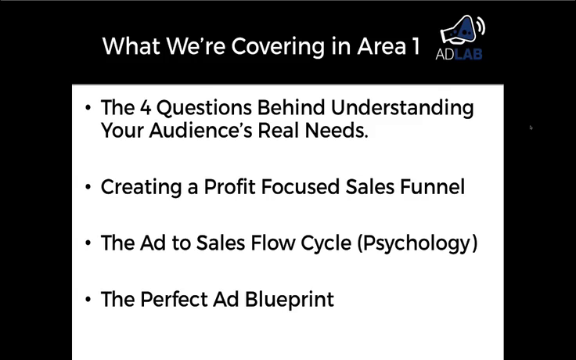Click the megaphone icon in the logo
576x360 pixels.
[462, 31]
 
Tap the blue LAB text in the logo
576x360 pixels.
[468, 54]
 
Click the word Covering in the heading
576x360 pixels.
[278, 47]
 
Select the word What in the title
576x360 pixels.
[131, 46]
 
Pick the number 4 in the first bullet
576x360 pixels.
[146, 108]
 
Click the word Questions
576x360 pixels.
[205, 108]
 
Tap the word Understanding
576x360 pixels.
[402, 109]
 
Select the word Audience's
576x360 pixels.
[201, 130]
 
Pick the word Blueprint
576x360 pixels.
[290, 300]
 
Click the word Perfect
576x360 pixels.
[174, 300]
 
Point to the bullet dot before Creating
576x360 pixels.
[88, 187]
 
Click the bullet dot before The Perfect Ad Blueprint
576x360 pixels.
[88, 300]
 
